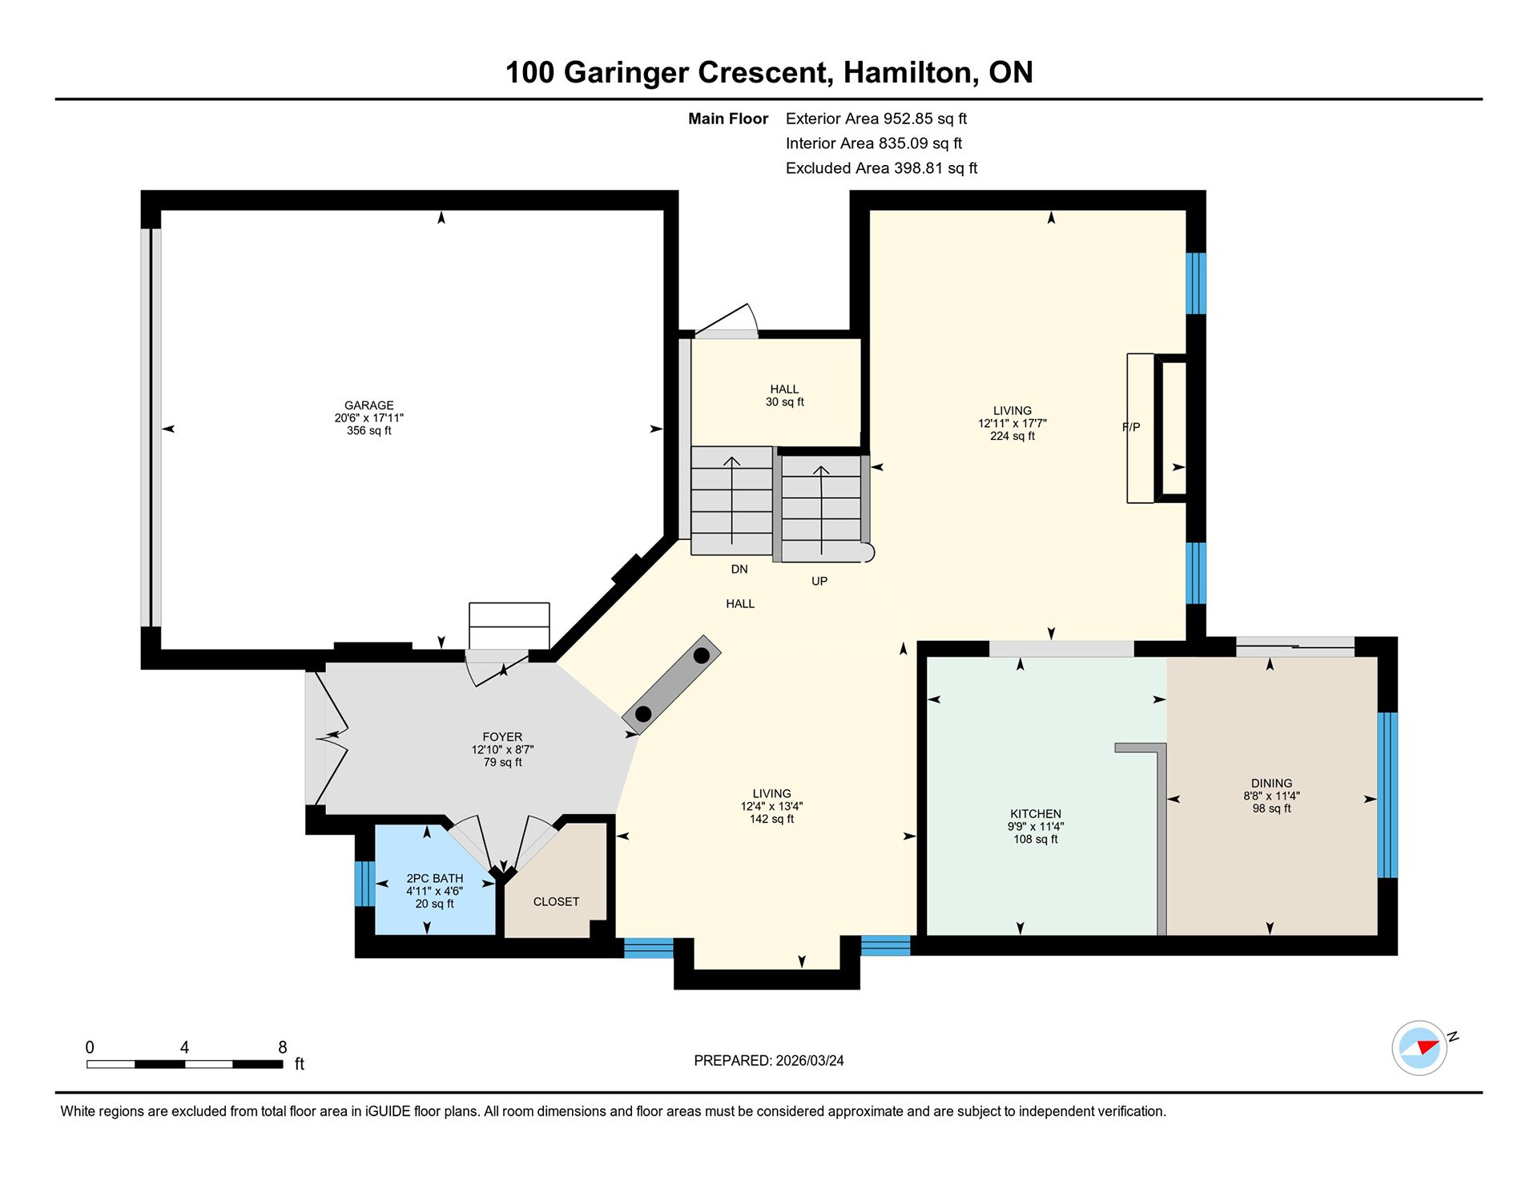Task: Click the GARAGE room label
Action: (x=369, y=405)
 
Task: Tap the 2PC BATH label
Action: (x=435, y=878)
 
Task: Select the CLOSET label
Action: (x=556, y=901)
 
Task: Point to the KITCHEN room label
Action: (x=1036, y=813)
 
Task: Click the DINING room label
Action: (x=1272, y=783)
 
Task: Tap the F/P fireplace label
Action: (x=1131, y=427)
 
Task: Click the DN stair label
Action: (x=739, y=569)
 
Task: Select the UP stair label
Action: (x=819, y=581)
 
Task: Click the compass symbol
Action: (x=1420, y=1047)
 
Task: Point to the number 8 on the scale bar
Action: (x=282, y=1046)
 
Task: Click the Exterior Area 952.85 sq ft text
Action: (x=876, y=119)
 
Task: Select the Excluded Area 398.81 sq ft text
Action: (x=881, y=168)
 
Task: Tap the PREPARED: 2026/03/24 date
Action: (x=769, y=1060)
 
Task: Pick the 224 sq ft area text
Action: (x=1013, y=436)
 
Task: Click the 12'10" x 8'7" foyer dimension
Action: (x=502, y=749)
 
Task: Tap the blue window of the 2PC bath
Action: (x=364, y=883)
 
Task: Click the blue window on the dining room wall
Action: (x=1387, y=795)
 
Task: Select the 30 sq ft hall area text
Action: (x=785, y=401)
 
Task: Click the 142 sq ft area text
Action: (x=771, y=819)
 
